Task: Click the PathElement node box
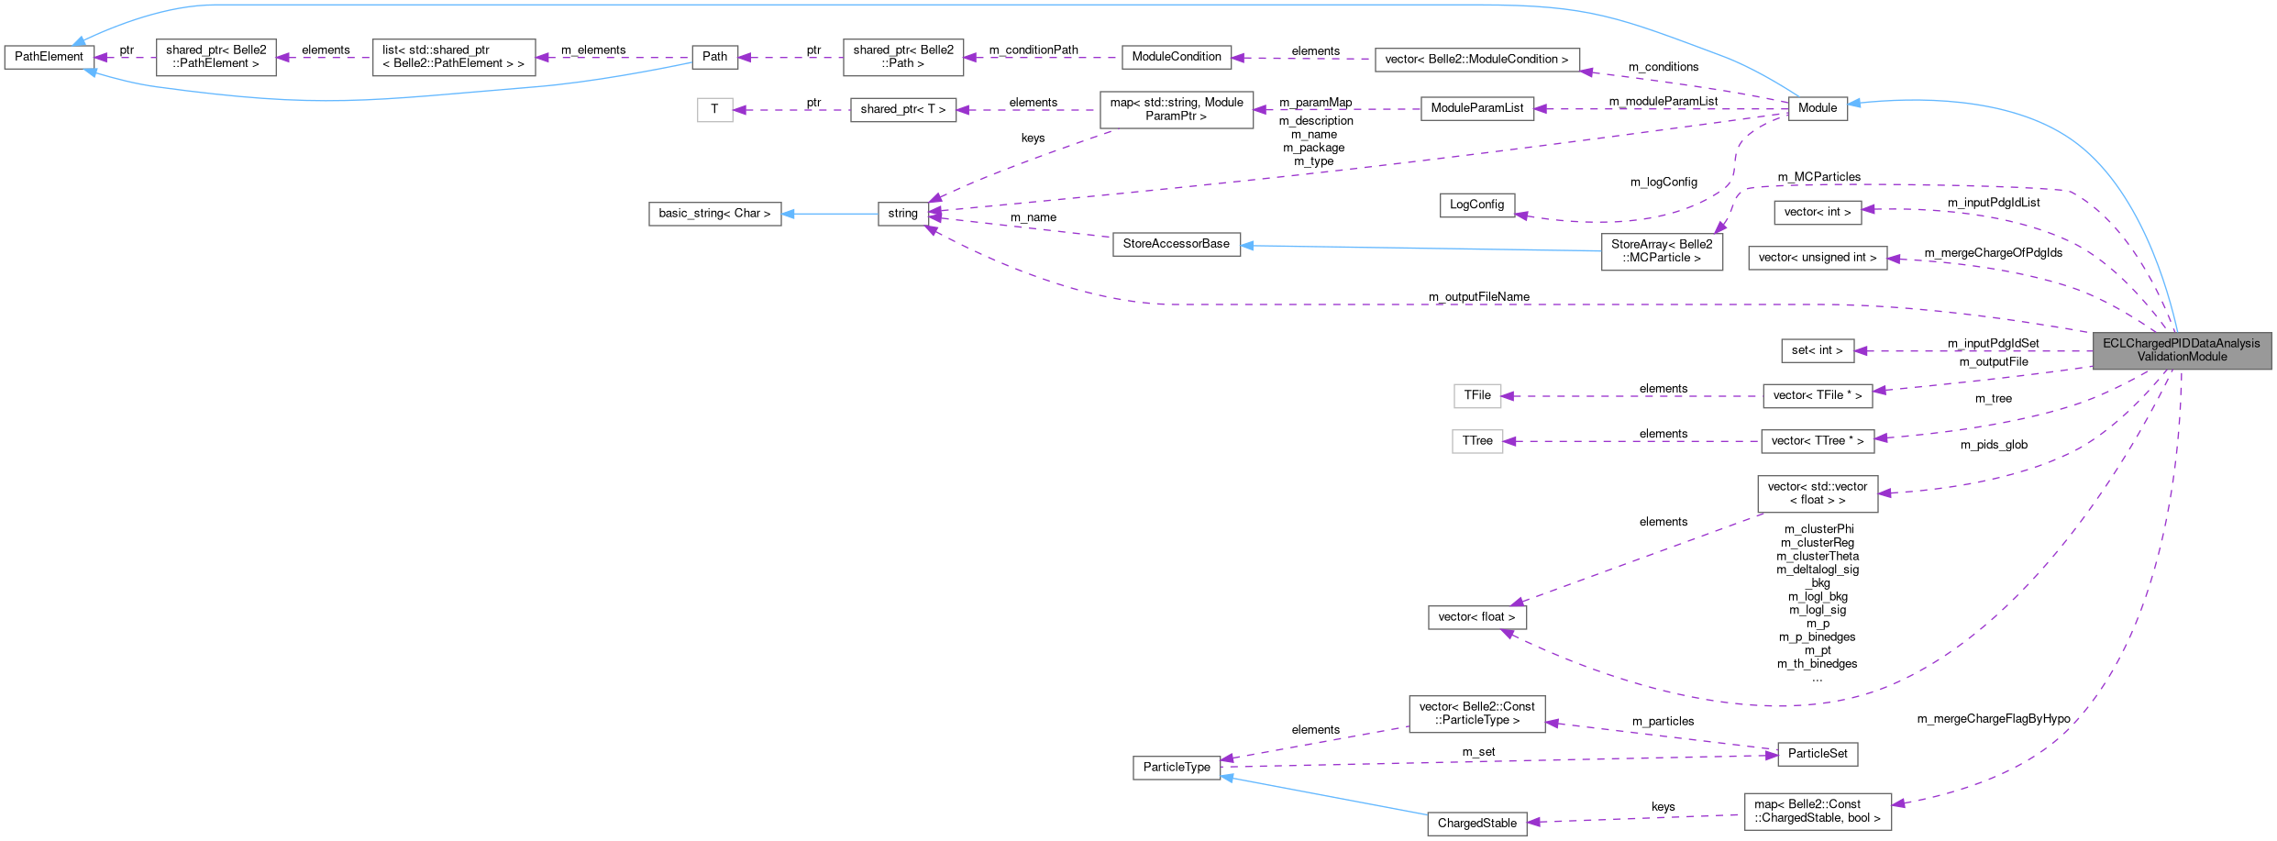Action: click(49, 57)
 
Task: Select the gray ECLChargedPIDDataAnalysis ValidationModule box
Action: click(2182, 350)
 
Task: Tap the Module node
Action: click(1817, 108)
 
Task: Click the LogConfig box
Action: click(1476, 205)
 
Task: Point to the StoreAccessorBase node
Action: click(1176, 244)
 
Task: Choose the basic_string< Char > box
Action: click(714, 214)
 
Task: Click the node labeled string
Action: click(902, 214)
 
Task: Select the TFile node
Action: click(1476, 395)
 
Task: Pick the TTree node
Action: click(1476, 441)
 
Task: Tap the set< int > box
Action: click(1817, 350)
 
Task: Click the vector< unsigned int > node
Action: click(1818, 258)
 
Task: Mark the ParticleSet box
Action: click(1818, 754)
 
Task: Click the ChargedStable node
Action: click(1476, 824)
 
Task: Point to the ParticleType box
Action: click(1177, 768)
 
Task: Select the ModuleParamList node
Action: click(1476, 108)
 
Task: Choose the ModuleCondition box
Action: click(1176, 57)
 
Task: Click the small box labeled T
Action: click(714, 109)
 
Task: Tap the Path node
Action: click(714, 57)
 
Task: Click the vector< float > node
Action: click(1476, 617)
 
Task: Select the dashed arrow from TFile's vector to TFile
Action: click(1632, 396)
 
